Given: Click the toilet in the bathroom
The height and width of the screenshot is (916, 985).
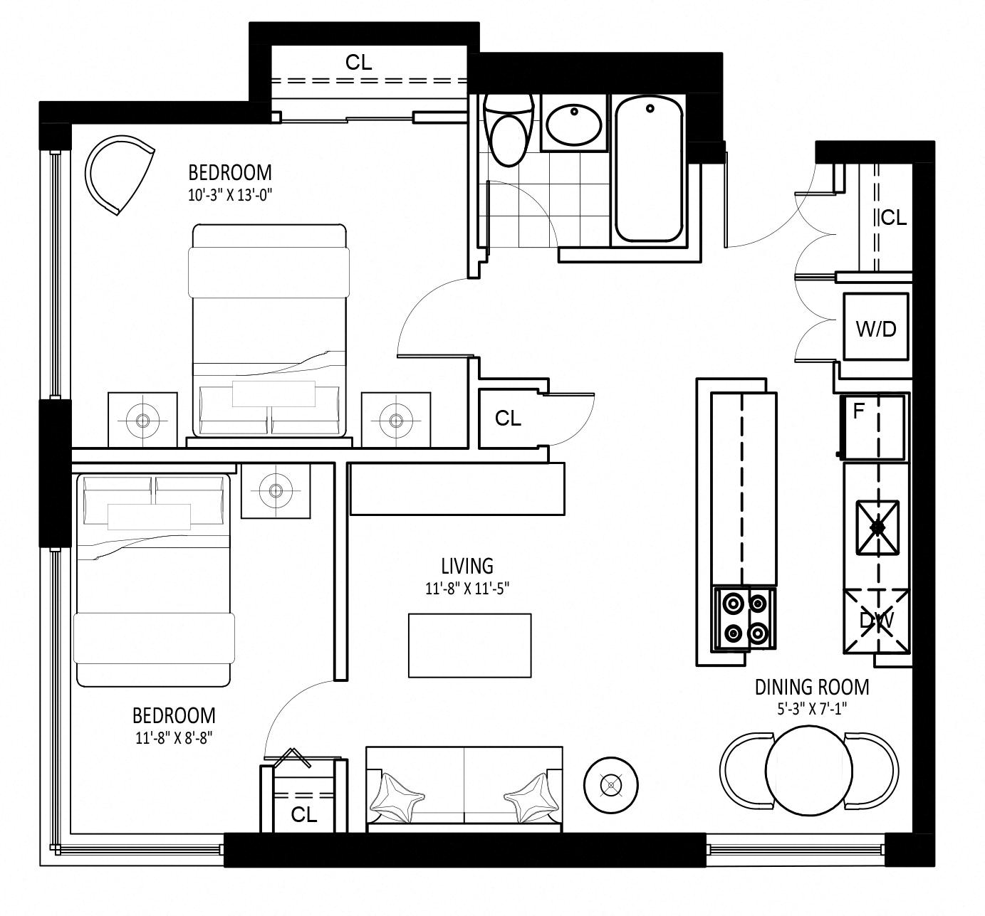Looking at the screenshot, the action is tap(509, 130).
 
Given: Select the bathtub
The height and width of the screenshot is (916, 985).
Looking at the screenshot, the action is tap(649, 169).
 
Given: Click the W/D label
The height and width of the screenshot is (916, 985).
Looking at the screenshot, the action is tap(876, 329).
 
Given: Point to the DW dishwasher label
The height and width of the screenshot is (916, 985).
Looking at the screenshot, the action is tap(876, 621).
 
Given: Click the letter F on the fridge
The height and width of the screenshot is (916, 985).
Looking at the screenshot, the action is tap(858, 411).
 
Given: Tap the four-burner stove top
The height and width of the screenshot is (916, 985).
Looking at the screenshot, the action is tap(745, 618).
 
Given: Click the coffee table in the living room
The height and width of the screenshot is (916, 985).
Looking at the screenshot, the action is tap(469, 646).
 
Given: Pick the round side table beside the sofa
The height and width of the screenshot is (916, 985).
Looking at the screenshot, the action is tap(611, 784).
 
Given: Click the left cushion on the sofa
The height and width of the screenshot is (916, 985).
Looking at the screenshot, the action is tap(397, 799).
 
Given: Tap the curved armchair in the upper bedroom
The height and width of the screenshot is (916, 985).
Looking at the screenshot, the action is tap(119, 175).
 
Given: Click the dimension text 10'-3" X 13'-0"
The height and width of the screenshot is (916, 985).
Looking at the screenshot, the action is tap(230, 195).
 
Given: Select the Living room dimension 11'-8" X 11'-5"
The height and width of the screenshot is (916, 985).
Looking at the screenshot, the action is tap(467, 589).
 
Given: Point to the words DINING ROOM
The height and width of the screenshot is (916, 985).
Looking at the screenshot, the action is tap(812, 688).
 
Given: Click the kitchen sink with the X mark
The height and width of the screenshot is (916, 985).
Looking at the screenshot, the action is tap(877, 527).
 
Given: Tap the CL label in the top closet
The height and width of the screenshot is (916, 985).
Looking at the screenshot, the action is tap(358, 63).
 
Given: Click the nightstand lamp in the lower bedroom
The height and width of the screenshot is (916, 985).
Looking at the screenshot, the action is tap(276, 490).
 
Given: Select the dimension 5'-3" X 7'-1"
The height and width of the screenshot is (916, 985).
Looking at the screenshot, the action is tap(811, 710).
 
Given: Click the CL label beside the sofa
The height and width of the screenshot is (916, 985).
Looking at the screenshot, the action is tap(303, 814).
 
